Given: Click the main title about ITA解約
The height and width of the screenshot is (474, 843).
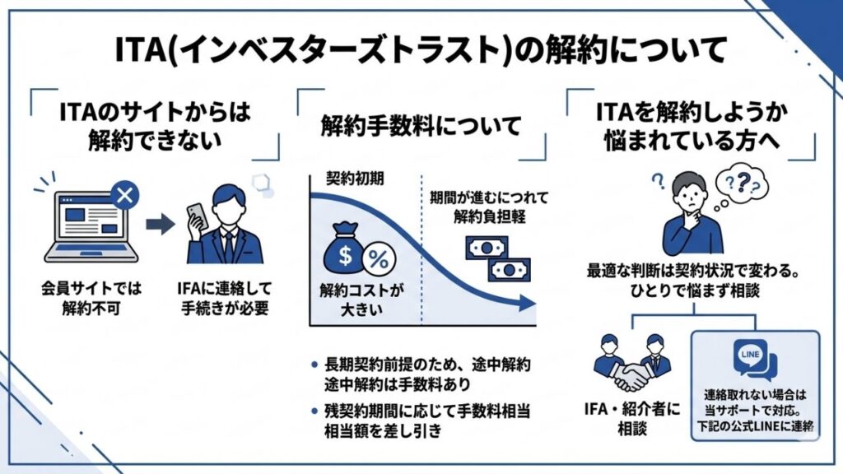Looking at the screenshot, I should pyautogui.click(x=421, y=50).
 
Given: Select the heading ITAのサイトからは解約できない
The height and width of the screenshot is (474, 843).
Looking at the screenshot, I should pyautogui.click(x=156, y=125).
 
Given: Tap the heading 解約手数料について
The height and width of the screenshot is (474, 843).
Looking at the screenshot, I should pyautogui.click(x=421, y=127).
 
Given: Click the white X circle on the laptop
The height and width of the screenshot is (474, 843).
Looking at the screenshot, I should pyautogui.click(x=124, y=194).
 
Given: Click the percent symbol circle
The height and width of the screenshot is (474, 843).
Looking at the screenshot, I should pyautogui.click(x=378, y=258).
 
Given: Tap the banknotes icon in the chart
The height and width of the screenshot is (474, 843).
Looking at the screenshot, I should pyautogui.click(x=495, y=257).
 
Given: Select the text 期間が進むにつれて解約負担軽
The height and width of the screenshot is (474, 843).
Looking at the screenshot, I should pyautogui.click(x=480, y=210).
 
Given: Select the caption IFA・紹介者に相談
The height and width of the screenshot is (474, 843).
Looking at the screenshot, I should pyautogui.click(x=631, y=418).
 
